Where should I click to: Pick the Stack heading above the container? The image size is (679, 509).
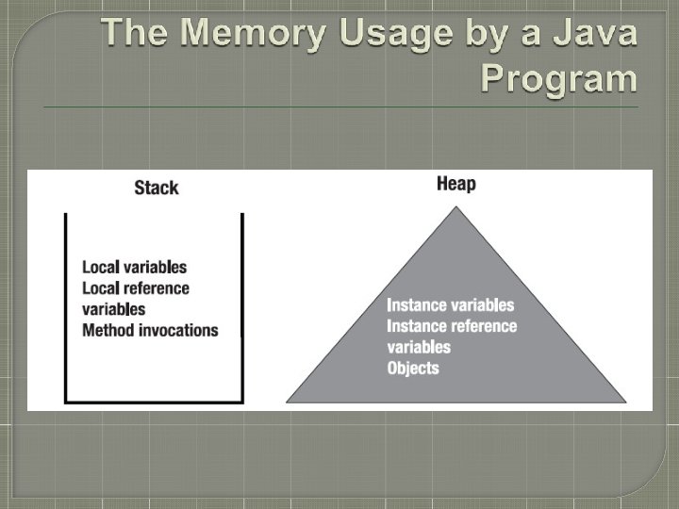tap(157, 187)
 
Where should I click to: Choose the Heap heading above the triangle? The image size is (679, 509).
tap(456, 183)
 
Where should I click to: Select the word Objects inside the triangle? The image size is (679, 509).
tap(413, 368)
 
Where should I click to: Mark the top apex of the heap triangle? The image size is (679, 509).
tap(456, 207)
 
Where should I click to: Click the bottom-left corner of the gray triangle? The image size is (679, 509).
tap(287, 402)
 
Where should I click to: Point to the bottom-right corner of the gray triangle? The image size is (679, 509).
tap(626, 402)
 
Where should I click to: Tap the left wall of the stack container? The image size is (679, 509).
tap(65, 311)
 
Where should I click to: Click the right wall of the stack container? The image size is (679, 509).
tap(242, 311)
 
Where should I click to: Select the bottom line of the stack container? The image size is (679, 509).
tap(154, 402)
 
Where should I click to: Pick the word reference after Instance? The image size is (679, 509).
tap(484, 326)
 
